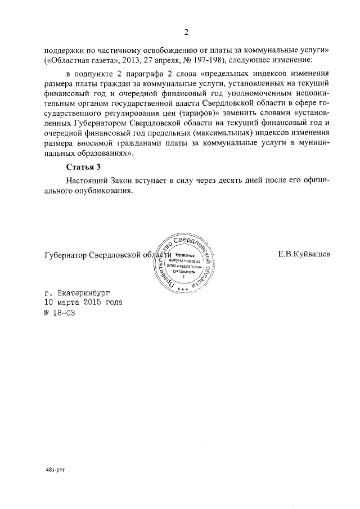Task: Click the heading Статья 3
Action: click(84, 167)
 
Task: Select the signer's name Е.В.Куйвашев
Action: click(304, 254)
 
